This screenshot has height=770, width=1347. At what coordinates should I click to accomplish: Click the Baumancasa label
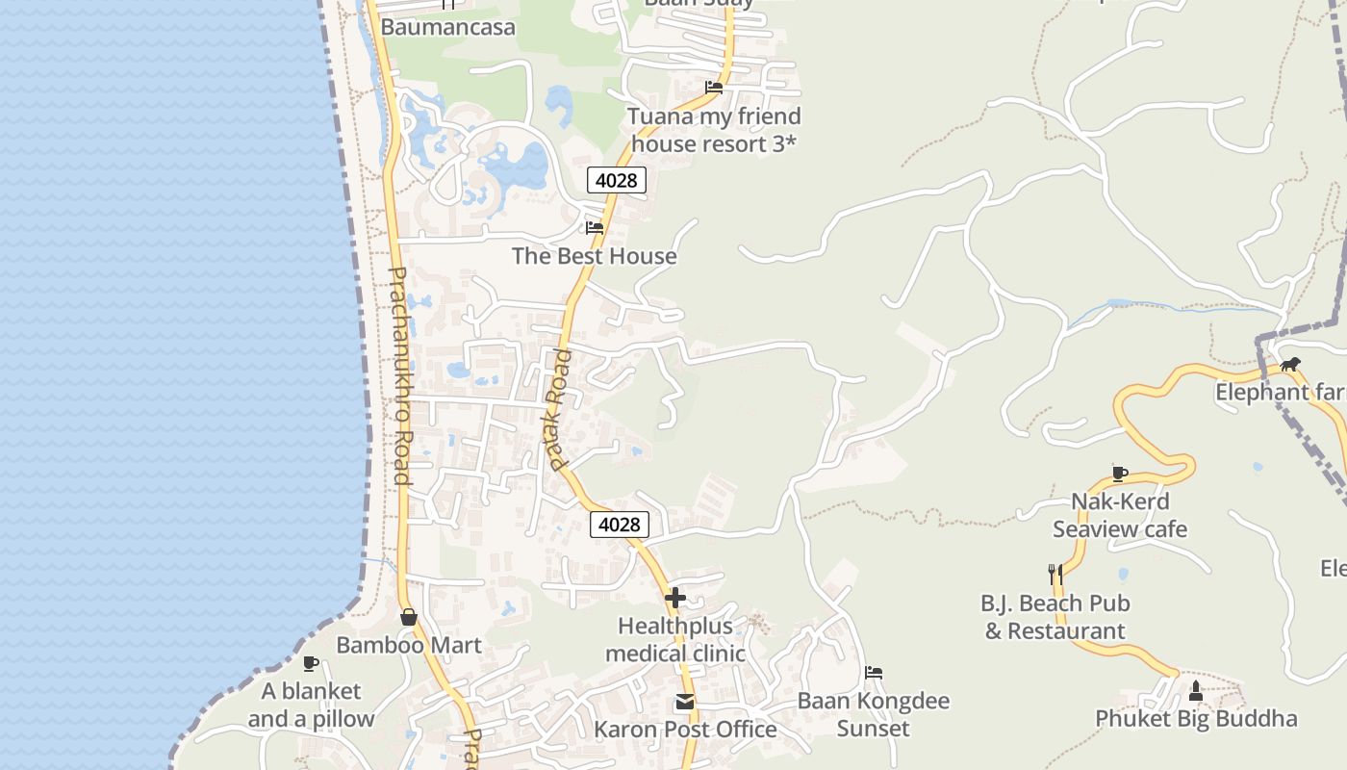coord(447,27)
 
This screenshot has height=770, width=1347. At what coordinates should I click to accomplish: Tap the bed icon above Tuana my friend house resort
coord(714,88)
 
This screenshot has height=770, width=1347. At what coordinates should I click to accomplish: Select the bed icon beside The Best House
coord(595,228)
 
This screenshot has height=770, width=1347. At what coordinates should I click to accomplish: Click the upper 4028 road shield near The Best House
coord(617,180)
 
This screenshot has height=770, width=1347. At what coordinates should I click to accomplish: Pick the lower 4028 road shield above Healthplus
coord(619,525)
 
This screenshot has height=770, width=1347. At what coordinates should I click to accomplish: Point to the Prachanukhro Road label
coord(399,375)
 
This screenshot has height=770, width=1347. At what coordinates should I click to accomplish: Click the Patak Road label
coord(558,410)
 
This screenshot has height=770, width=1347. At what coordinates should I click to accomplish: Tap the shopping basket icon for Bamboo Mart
coord(409,617)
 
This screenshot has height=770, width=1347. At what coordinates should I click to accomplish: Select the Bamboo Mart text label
coord(409,645)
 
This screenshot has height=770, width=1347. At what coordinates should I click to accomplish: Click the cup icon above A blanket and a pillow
coord(310,663)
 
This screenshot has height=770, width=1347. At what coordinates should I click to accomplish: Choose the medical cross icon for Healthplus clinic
coord(675,598)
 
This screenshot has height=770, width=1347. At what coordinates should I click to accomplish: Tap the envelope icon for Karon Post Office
coord(685,703)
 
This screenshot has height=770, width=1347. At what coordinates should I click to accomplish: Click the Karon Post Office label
coord(685,730)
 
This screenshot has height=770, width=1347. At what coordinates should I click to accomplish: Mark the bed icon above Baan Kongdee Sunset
coord(874,673)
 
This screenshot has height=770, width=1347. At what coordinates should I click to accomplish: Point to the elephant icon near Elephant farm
coord(1289,364)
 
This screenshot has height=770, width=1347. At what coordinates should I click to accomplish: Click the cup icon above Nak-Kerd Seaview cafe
coord(1119,474)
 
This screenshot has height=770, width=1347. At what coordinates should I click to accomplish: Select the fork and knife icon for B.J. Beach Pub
coord(1055,575)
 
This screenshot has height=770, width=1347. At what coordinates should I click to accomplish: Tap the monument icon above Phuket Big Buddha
coord(1196,690)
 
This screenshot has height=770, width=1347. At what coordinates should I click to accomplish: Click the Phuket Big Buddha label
coord(1196,719)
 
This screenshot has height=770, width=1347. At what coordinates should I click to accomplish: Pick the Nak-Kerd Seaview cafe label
coord(1120,515)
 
